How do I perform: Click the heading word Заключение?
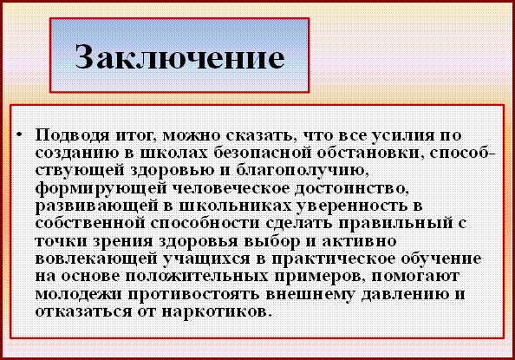pyautogui.click(x=180, y=56)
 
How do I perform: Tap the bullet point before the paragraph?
pyautogui.click(x=20, y=134)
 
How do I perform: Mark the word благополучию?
pyautogui.click(x=303, y=171)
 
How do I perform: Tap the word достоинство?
pyautogui.click(x=351, y=189)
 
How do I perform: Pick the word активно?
pyautogui.click(x=359, y=241)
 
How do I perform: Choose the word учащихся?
pyautogui.click(x=206, y=259)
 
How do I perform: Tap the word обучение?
pyautogui.click(x=441, y=259)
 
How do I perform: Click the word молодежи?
pyautogui.click(x=79, y=295)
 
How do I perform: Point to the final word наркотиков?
pyautogui.click(x=217, y=312)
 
